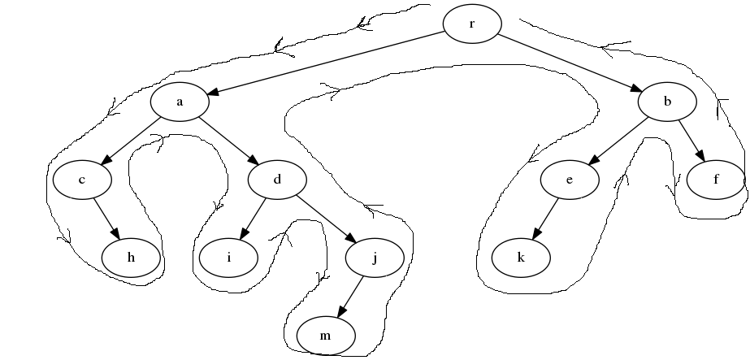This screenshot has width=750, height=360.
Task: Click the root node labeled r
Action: coord(472,23)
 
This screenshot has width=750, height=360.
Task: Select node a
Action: coord(180,102)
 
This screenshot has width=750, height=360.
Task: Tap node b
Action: coord(667,102)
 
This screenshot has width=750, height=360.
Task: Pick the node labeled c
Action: coord(82,180)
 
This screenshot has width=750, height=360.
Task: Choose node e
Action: coord(570,180)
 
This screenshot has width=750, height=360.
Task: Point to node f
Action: coord(716,180)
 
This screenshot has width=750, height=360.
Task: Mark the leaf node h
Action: coord(131,258)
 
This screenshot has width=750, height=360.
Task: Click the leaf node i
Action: coord(229,258)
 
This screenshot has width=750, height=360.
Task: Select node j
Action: coord(375,258)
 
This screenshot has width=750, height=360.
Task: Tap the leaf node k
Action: coord(521,258)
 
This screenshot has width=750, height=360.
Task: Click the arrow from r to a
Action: coord(325,63)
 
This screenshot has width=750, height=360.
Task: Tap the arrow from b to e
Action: coord(618,141)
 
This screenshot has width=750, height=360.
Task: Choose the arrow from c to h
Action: coord(106,219)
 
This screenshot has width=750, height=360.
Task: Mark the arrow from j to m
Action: coord(350,297)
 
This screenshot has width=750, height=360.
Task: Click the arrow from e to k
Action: coord(545,219)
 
